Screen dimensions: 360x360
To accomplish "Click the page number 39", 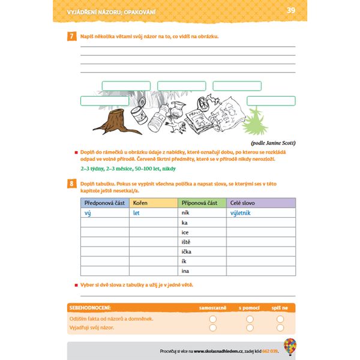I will (x=291, y=10).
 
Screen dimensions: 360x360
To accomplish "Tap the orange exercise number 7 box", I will (x=71, y=37).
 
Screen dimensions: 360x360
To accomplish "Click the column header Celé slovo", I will (x=243, y=203).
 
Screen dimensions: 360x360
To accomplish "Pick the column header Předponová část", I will (x=104, y=203).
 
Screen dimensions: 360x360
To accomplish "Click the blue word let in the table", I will (x=136, y=213).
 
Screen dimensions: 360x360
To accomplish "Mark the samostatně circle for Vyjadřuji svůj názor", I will (x=212, y=328).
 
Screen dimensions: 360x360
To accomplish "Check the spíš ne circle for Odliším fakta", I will (x=280, y=319).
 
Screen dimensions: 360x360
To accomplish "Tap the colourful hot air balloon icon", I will (x=290, y=346).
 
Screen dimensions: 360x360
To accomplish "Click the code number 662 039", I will (x=271, y=350).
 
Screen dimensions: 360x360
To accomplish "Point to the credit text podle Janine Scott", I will (x=274, y=143).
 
